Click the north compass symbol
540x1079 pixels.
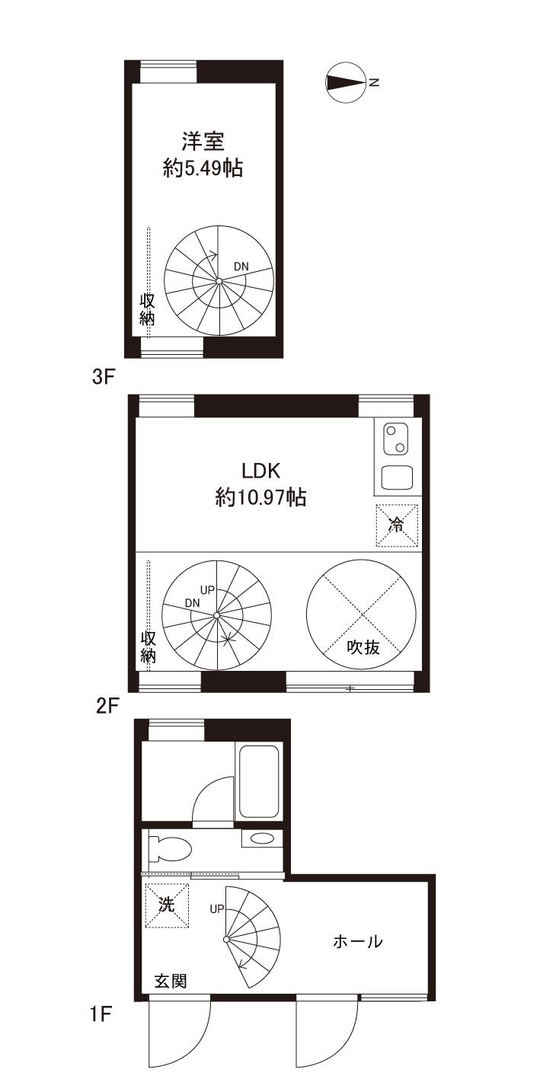tap(345, 82)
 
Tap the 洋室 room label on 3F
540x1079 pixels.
tap(203, 142)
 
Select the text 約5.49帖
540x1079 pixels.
tap(203, 168)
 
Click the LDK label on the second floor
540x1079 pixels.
tap(260, 471)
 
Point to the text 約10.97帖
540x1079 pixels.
tap(260, 497)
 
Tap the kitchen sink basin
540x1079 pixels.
tap(398, 477)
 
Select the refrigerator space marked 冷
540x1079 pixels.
tap(397, 525)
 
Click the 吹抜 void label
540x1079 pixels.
tap(364, 647)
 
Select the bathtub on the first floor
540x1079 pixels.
tap(259, 781)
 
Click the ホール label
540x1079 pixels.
tap(358, 941)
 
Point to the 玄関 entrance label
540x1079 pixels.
tap(171, 982)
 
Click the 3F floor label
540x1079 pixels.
tap(103, 377)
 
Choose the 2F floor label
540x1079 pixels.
tap(107, 706)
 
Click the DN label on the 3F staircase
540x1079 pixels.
tap(241, 266)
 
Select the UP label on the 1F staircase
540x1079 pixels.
tap(217, 909)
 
